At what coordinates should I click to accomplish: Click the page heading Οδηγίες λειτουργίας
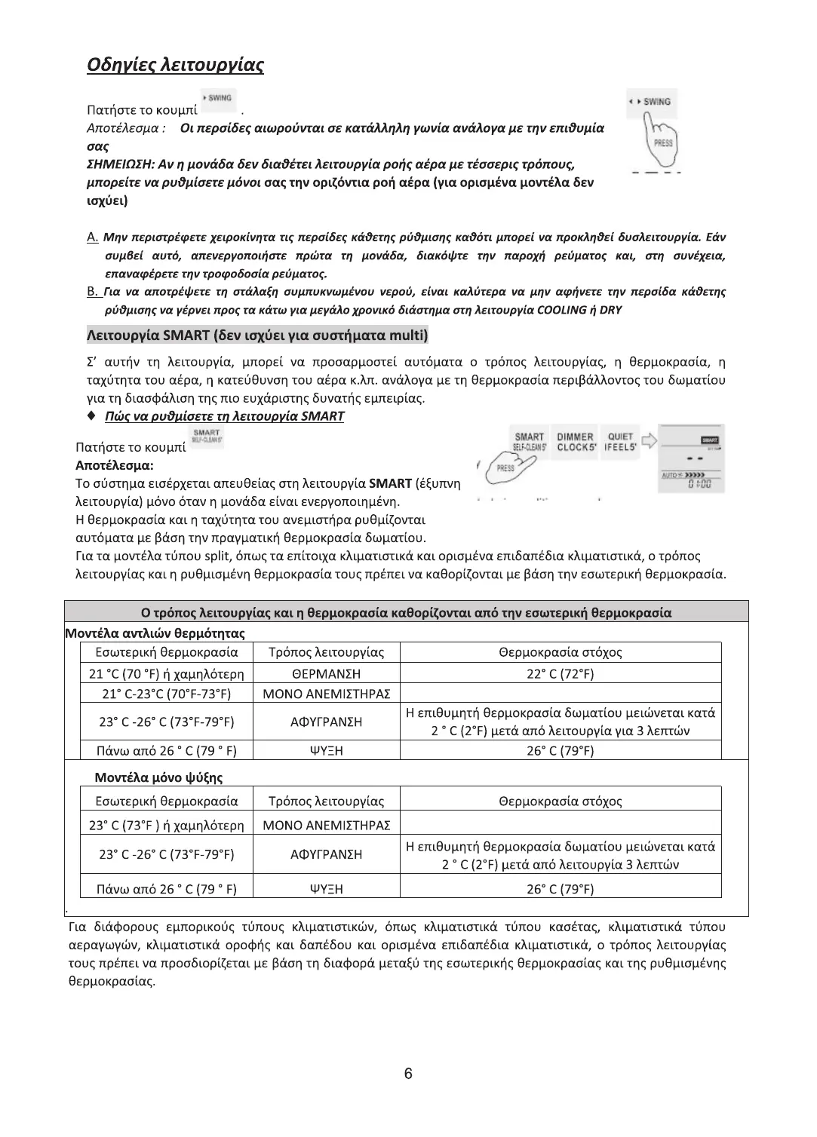[x=175, y=66]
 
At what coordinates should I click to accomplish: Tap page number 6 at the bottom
[x=408, y=1074]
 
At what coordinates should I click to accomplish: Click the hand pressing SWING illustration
[x=653, y=133]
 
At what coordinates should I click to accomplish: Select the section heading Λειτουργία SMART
[x=257, y=335]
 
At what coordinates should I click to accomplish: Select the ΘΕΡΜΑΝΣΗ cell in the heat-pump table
[x=326, y=673]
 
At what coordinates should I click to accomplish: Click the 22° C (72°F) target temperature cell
[x=560, y=673]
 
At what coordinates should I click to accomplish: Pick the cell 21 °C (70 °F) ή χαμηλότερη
[x=167, y=673]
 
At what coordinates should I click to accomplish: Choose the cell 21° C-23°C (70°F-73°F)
[x=167, y=693]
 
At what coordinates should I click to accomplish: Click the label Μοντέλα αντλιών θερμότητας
[x=155, y=633]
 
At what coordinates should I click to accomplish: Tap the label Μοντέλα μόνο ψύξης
[x=158, y=777]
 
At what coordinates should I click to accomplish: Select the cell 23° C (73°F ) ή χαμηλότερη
[x=167, y=825]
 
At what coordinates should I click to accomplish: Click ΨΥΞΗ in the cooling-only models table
[x=326, y=888]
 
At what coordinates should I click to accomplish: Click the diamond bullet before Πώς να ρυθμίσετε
[x=91, y=416]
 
